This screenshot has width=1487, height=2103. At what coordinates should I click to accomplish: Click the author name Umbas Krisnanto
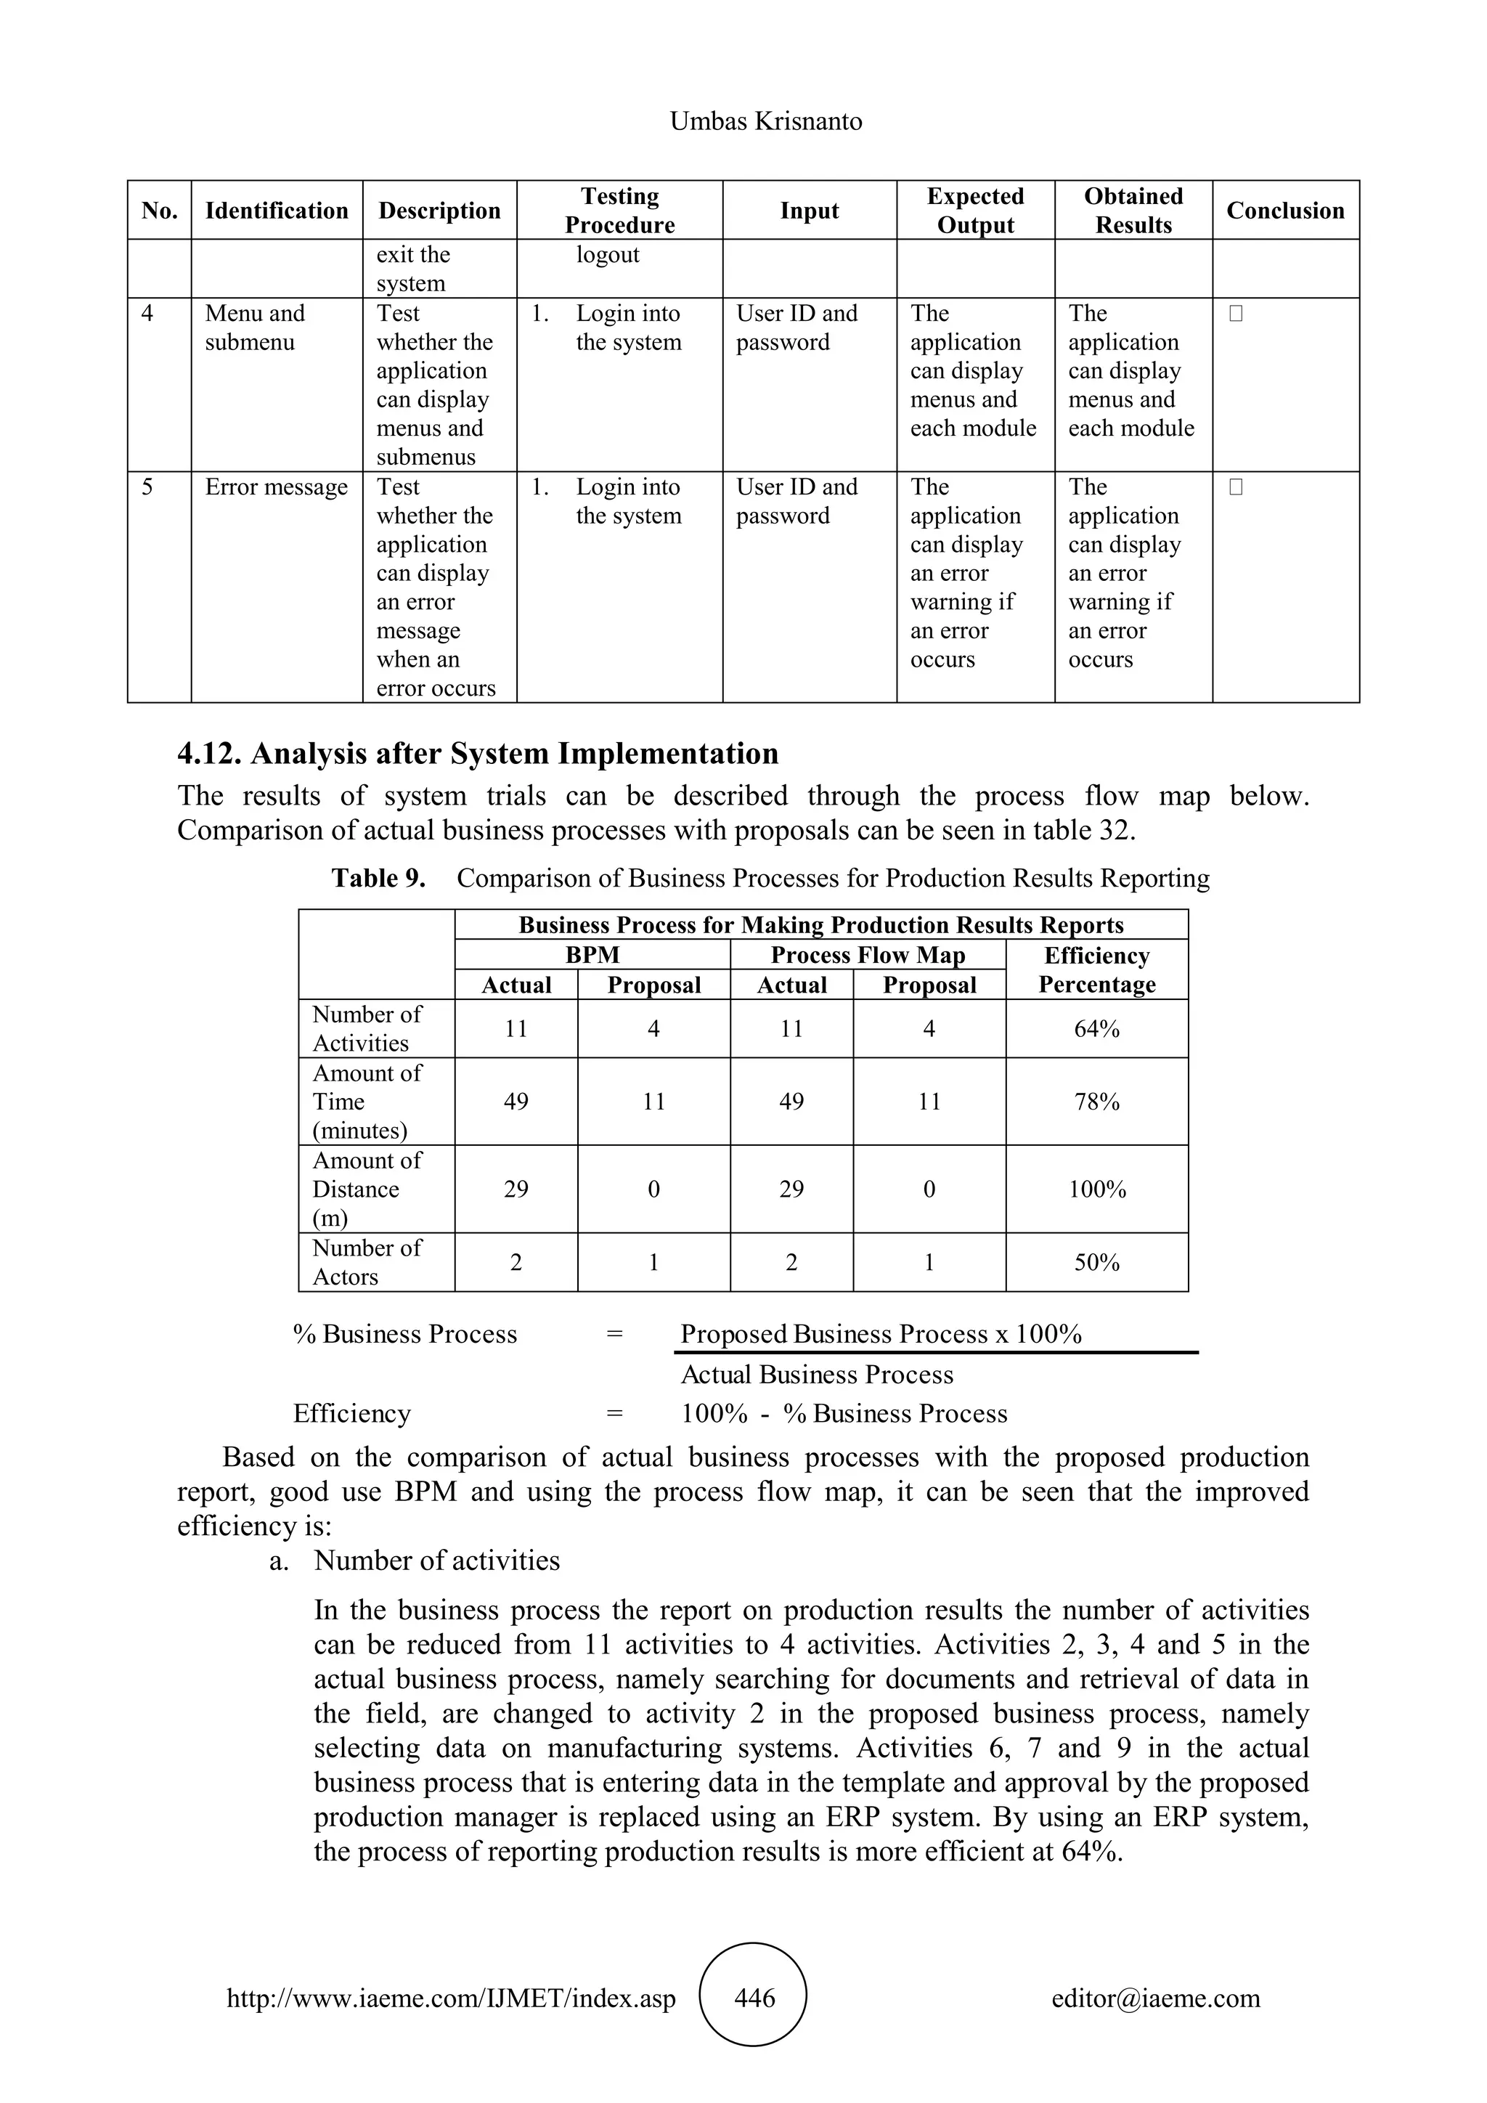coord(765,122)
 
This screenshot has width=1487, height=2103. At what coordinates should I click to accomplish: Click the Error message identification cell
coord(276,487)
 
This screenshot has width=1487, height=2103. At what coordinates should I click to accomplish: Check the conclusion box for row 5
coord(1235,488)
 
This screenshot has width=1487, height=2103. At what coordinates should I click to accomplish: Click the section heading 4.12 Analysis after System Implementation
coord(477,754)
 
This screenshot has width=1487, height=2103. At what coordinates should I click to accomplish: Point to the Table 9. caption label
coord(378,879)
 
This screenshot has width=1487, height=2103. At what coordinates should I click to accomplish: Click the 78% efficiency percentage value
coord(1096,1102)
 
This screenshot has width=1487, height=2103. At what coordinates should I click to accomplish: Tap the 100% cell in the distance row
coord(1096,1189)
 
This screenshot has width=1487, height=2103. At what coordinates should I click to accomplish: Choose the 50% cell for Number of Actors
coord(1096,1263)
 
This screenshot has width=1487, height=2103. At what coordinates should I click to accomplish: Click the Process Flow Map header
coord(867,956)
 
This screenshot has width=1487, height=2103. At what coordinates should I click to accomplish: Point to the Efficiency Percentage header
coord(1096,970)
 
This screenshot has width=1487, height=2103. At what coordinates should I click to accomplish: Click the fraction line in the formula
coord(936,1353)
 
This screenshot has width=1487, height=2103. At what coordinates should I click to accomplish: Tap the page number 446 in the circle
coord(754,1998)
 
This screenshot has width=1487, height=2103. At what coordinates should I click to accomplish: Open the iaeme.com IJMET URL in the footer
coord(450,1998)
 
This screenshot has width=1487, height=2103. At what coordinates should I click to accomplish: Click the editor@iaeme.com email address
coord(1154,1998)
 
